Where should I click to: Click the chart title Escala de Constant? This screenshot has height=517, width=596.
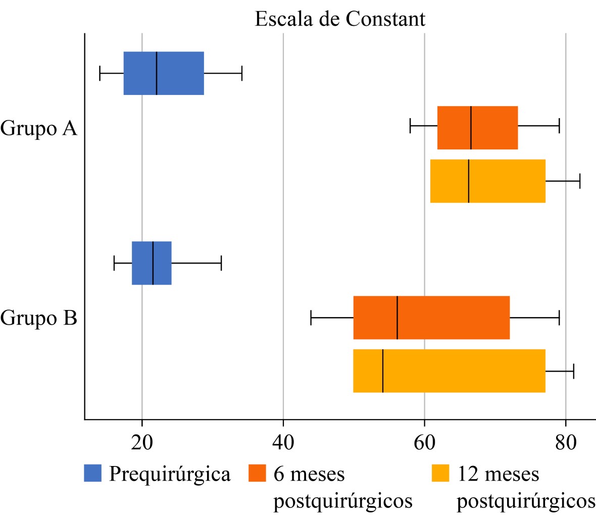pos(340,19)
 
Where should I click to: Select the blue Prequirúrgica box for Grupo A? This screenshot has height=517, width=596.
pos(164,73)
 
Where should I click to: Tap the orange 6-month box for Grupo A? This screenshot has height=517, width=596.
pos(477,128)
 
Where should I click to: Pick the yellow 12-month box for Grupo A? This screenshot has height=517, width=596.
pos(487,181)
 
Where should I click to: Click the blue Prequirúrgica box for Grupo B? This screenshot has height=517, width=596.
pos(152,263)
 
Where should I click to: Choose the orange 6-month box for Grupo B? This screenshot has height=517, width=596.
pos(431,318)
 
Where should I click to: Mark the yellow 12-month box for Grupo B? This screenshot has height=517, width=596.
pos(449,371)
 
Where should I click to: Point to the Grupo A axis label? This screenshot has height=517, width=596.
pos(39,128)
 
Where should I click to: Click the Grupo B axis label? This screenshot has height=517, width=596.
pos(39,319)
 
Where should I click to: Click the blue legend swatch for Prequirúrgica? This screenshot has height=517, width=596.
pos(93,473)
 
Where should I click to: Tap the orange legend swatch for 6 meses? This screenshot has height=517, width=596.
pos(258,473)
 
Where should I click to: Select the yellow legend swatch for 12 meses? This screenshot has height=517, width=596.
pos(440,473)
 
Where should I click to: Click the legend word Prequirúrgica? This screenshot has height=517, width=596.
pos(170,475)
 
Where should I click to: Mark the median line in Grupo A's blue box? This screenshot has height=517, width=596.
pos(157,73)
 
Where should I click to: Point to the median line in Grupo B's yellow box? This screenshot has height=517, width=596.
pos(383,371)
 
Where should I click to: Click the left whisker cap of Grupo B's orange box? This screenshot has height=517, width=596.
pos(311,318)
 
